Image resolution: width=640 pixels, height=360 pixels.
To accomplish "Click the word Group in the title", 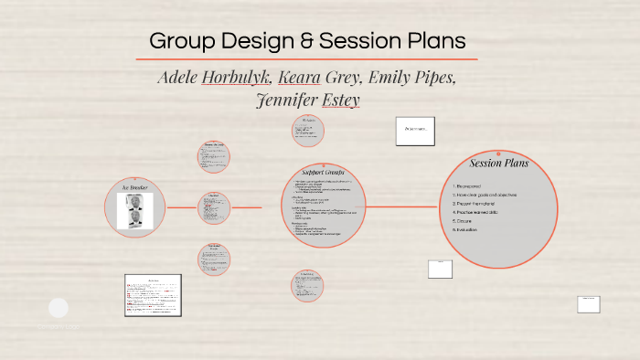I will tap(179, 41).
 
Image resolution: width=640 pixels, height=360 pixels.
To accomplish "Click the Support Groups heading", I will tap(325, 172).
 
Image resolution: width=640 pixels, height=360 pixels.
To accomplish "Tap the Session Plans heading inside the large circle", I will tap(498, 164).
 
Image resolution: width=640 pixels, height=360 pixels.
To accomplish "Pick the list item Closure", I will tap(469, 220).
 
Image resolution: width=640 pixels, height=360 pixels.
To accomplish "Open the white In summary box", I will tap(415, 130).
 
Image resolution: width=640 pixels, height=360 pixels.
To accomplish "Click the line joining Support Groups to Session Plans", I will tap(404, 206).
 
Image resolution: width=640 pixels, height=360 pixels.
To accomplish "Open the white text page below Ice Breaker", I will tap(153, 294).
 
